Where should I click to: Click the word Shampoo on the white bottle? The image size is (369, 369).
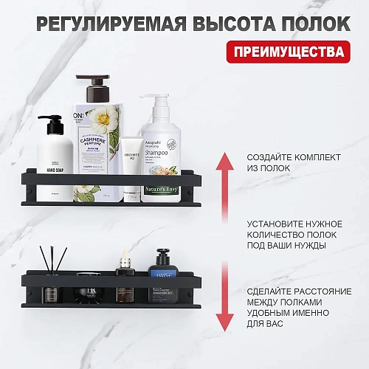[x=160, y=154]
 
